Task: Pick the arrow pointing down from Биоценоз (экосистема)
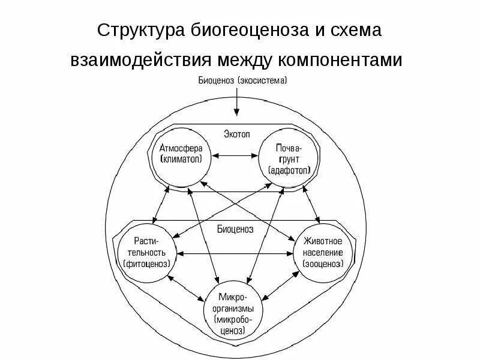[x=238, y=102]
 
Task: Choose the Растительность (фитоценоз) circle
[x=148, y=252]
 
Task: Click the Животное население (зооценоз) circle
[x=324, y=252]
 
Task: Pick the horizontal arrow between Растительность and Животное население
[x=236, y=254]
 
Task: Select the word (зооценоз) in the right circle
[x=325, y=263]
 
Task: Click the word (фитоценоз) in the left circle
[x=147, y=263]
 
